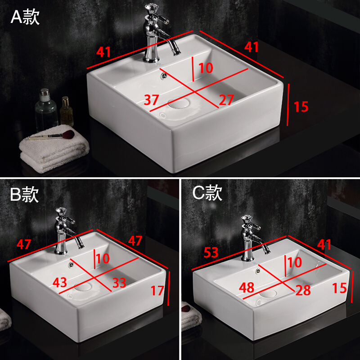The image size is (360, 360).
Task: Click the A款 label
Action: tap(25, 17)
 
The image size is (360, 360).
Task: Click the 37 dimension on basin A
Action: tap(151, 99)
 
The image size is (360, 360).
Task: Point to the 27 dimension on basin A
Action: tap(226, 99)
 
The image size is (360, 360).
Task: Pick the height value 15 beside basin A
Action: tap(301, 107)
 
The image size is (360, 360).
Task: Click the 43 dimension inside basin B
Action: tap(60, 283)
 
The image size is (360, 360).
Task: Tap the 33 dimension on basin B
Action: tap(119, 283)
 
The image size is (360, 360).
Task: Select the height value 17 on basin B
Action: tap(157, 290)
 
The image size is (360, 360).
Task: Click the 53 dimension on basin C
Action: tap(211, 252)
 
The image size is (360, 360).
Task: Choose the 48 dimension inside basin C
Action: tap(247, 288)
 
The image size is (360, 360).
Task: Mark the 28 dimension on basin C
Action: tap(303, 290)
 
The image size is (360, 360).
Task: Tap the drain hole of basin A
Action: tap(178, 103)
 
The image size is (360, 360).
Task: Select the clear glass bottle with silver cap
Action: tap(46, 110)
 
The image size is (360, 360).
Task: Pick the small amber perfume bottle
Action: tap(67, 111)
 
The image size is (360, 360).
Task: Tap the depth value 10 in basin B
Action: tap(103, 258)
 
